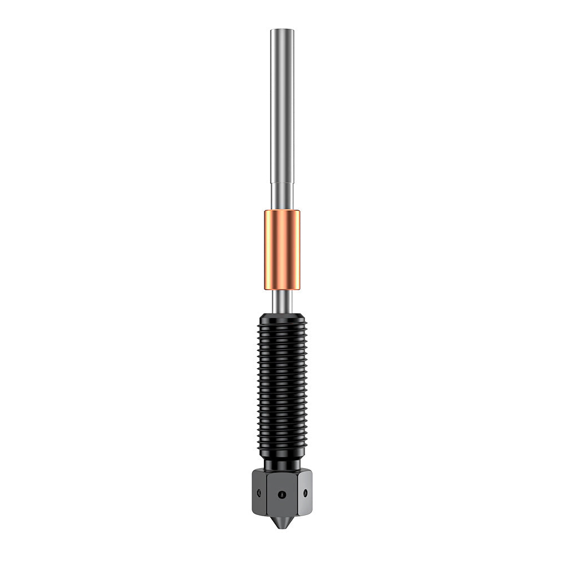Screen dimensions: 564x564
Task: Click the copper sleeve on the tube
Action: click(281, 249)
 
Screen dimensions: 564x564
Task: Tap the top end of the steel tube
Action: click(281, 30)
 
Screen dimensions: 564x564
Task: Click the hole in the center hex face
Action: click(281, 494)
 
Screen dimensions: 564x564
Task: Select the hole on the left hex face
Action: click(259, 492)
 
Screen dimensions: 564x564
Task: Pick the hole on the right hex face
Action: click(305, 492)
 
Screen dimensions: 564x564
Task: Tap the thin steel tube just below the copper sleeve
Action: click(281, 299)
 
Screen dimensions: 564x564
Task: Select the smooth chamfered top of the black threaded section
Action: click(281, 315)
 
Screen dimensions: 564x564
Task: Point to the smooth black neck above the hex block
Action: click(281, 464)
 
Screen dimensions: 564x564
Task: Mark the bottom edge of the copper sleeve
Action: click(281, 289)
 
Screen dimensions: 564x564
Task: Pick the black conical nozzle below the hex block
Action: click(281, 521)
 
